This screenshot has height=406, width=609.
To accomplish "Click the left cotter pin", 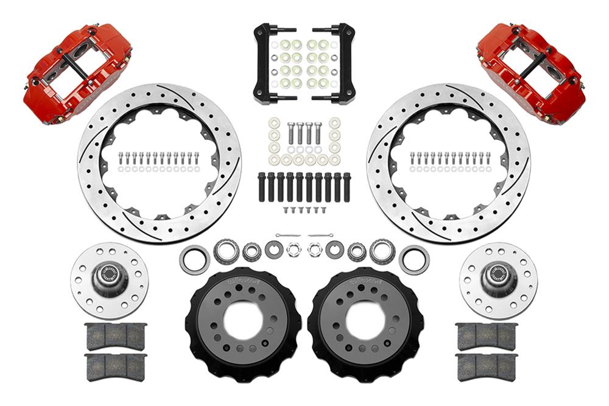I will click(x=287, y=235).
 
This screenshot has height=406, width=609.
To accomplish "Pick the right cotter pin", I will click(x=320, y=235).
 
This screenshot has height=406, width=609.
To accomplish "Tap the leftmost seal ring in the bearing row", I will click(x=194, y=259).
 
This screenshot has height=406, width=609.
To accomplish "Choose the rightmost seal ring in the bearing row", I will click(x=414, y=259).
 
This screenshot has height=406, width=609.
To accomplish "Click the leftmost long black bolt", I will click(x=262, y=187).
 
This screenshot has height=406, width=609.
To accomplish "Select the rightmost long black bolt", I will click(x=347, y=187).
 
